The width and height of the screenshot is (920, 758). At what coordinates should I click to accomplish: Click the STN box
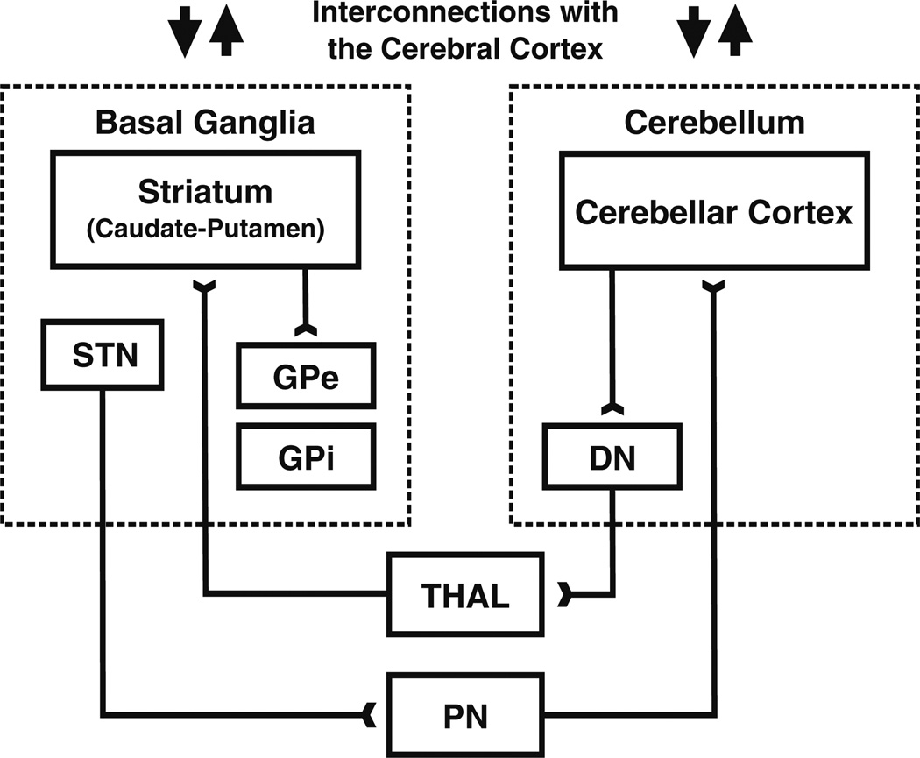[x=103, y=354]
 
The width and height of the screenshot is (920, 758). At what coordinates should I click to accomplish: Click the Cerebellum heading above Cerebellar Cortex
[x=714, y=123]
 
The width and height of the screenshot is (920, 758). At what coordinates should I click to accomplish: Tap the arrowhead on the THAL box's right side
[x=566, y=596]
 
